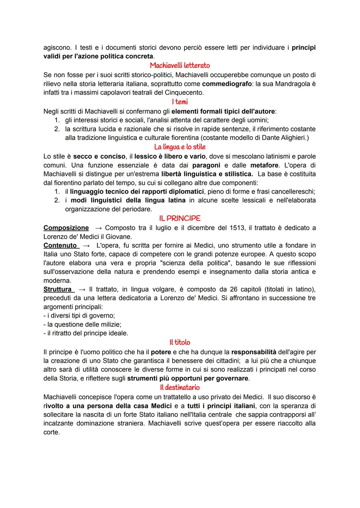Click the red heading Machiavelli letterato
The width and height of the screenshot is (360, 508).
(x=180, y=66)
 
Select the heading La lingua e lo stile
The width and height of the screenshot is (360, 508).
(x=180, y=147)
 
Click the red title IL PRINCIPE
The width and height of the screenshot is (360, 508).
(x=180, y=219)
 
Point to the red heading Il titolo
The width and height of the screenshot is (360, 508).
(x=180, y=342)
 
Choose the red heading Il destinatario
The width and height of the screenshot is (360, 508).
(x=180, y=387)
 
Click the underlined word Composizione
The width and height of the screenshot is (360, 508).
(x=66, y=228)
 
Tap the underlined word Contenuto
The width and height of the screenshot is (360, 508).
(x=60, y=246)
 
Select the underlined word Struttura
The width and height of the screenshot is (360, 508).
(x=58, y=289)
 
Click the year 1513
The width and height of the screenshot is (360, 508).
(x=237, y=228)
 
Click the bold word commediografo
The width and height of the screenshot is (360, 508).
(x=227, y=84)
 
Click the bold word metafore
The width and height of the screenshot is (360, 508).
(x=264, y=165)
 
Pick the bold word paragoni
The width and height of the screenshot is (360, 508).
(x=206, y=165)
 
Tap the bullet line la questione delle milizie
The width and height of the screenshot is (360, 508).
(x=82, y=324)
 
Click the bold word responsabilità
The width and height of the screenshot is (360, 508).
(x=254, y=352)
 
